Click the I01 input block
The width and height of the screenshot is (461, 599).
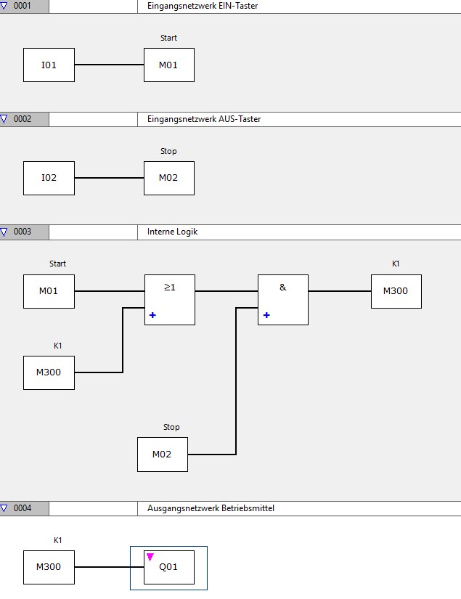click(x=49, y=65)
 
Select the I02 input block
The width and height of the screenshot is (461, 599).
click(x=49, y=179)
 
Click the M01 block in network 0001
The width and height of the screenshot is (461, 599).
click(x=168, y=65)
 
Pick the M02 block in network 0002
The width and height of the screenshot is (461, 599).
click(x=168, y=179)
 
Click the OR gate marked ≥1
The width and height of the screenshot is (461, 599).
click(x=169, y=299)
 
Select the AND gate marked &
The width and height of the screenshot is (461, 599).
click(x=282, y=299)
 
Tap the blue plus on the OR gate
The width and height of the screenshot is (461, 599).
click(x=153, y=315)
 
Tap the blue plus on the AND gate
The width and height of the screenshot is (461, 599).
click(x=266, y=315)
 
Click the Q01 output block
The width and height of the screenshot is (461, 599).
click(x=169, y=567)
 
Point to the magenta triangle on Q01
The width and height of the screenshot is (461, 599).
click(x=150, y=557)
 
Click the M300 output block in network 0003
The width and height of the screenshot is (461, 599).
click(x=396, y=291)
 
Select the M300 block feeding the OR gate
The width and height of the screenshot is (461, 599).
click(x=49, y=372)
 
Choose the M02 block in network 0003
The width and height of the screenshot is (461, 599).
click(x=163, y=455)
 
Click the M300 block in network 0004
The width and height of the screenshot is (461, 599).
click(x=49, y=567)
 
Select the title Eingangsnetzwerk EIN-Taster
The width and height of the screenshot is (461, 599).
click(x=197, y=6)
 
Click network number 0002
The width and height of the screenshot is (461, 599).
click(x=23, y=119)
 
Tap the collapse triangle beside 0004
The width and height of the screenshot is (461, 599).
click(x=4, y=508)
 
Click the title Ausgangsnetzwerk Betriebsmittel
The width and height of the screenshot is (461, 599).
click(x=211, y=508)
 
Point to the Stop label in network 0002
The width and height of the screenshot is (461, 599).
click(x=168, y=151)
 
